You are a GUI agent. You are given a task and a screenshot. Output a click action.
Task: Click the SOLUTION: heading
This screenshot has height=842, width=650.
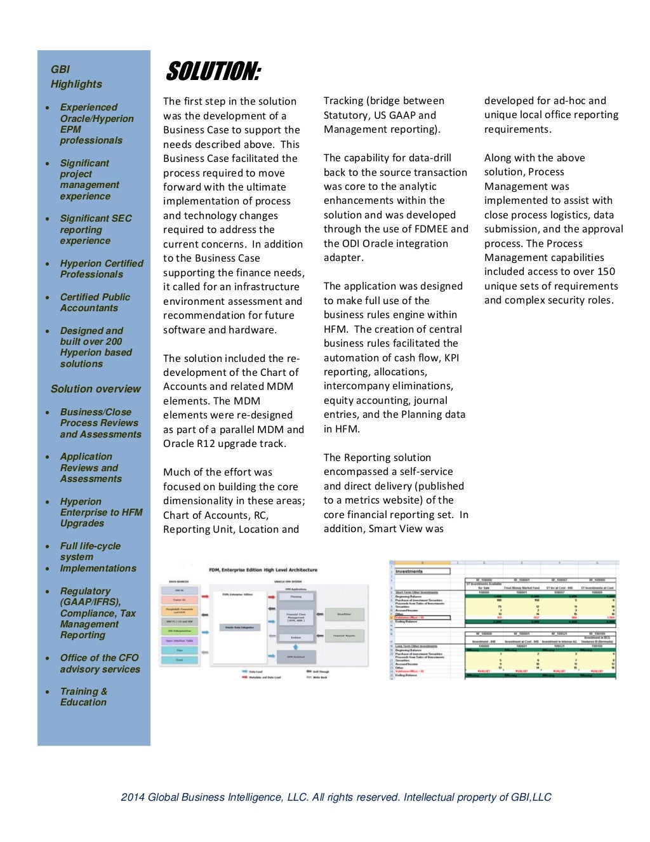[213, 72]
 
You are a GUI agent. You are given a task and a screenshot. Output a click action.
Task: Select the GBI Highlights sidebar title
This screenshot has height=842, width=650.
[76, 77]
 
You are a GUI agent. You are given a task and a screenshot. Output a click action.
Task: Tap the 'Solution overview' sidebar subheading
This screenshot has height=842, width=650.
[96, 389]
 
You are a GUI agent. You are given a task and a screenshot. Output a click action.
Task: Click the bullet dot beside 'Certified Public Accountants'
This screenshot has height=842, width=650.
[48, 297]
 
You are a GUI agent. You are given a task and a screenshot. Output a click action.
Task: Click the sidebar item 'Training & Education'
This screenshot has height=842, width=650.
[84, 697]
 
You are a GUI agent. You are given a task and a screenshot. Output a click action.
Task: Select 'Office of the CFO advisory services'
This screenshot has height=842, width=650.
[100, 664]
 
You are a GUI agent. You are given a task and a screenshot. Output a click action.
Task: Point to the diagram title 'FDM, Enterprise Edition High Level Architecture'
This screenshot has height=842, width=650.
[263, 570]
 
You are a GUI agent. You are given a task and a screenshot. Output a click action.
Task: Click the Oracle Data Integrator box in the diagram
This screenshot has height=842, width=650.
[239, 627]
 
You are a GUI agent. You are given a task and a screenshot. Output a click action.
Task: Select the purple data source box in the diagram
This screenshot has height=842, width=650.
[179, 641]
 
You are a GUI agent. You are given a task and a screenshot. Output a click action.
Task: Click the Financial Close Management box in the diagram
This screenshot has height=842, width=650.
[296, 617]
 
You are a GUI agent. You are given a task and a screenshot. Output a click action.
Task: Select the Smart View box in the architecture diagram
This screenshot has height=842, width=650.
[344, 614]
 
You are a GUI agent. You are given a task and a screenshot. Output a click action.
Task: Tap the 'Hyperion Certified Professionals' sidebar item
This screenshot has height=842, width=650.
[102, 269]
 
